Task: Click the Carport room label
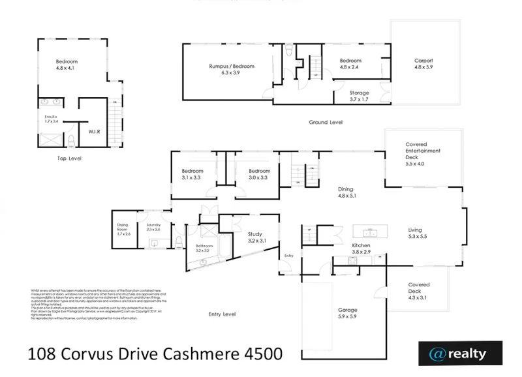pyautogui.click(x=423, y=64)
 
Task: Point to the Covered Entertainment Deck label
pyautogui.click(x=423, y=153)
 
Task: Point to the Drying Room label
pyautogui.click(x=123, y=229)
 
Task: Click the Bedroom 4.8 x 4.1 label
pyautogui.click(x=67, y=64)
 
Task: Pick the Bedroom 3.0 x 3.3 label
pyautogui.click(x=258, y=174)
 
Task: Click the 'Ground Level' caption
pyautogui.click(x=326, y=122)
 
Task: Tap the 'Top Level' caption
pyautogui.click(x=69, y=158)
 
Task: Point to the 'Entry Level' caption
pyautogui.click(x=221, y=314)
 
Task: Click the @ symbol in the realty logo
pyautogui.click(x=436, y=354)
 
